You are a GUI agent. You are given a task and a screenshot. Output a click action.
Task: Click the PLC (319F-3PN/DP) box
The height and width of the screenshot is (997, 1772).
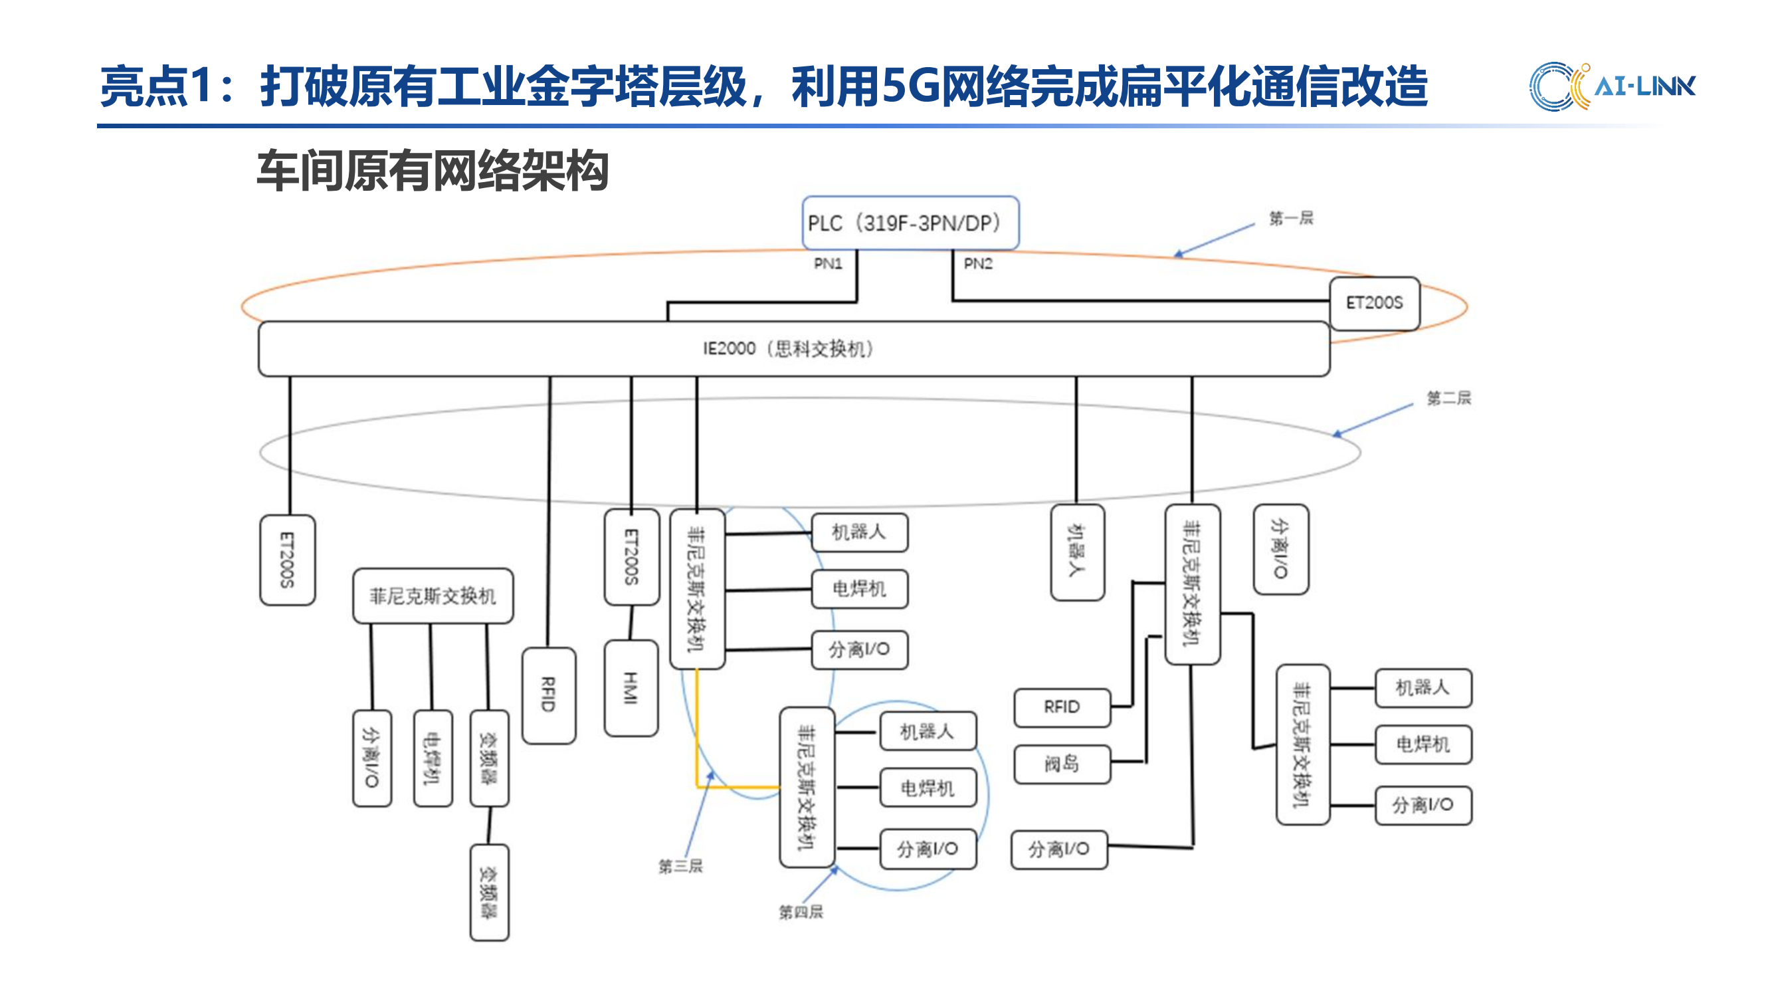click(910, 223)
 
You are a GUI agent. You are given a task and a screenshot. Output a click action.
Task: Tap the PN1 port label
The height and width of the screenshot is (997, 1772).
click(827, 263)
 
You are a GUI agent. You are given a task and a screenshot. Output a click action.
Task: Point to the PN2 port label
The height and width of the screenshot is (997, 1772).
click(977, 263)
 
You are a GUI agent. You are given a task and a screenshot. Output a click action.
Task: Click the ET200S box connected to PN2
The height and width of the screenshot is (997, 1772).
click(1374, 302)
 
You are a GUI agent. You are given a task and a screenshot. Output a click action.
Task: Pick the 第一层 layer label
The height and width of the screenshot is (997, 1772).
click(1290, 219)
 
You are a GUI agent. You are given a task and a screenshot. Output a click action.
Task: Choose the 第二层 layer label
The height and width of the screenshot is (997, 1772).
click(1448, 397)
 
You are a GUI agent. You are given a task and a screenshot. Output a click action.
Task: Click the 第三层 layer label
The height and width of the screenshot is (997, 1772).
click(680, 866)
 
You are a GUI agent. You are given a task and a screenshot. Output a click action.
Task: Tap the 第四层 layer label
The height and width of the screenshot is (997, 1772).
click(801, 912)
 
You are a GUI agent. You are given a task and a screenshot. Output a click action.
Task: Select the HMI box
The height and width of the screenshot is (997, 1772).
click(631, 688)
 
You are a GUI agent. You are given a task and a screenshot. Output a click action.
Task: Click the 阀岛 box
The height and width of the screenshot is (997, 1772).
click(1062, 764)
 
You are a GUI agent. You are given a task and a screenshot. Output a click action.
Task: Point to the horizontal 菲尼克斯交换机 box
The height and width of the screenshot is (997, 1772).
click(433, 596)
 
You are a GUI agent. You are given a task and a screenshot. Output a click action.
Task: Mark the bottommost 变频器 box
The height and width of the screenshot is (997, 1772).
click(489, 893)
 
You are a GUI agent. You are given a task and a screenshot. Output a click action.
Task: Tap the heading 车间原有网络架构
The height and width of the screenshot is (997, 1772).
click(433, 171)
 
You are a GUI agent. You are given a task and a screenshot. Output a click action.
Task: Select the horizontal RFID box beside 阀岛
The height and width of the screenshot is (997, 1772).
click(1062, 707)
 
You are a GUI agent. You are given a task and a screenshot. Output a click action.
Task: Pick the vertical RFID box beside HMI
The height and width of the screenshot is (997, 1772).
click(548, 695)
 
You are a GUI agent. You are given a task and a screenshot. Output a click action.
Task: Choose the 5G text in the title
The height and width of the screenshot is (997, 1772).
click(910, 86)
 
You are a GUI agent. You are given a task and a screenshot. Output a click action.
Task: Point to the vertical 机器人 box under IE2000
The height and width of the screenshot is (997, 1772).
click(1077, 552)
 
